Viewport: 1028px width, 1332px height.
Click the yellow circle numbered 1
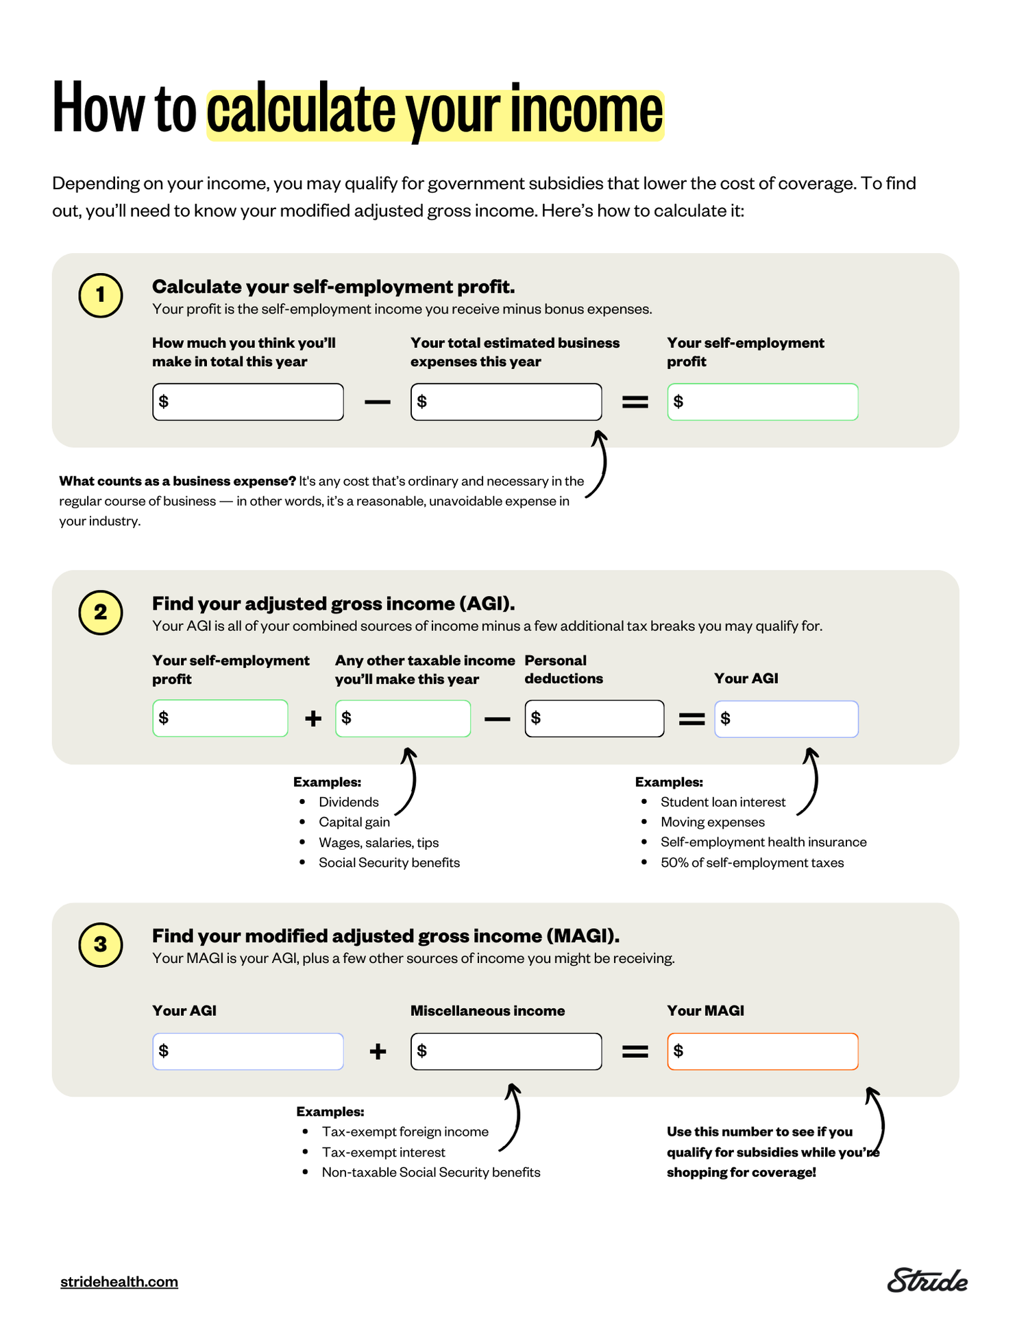click(101, 296)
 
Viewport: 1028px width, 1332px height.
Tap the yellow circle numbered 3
click(101, 944)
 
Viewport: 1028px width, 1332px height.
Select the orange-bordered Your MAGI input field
click(762, 1051)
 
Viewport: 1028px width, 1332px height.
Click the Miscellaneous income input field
click(506, 1051)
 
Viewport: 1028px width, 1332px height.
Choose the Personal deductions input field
click(594, 719)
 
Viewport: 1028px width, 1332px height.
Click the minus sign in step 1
click(377, 402)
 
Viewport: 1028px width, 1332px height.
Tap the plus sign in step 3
click(378, 1051)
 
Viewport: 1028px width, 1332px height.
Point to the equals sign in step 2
click(692, 719)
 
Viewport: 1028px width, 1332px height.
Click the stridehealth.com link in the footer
click(119, 1281)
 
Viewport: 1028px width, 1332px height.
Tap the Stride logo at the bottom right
click(927, 1281)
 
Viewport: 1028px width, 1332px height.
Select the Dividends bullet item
click(348, 802)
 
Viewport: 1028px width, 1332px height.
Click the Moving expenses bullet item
click(712, 822)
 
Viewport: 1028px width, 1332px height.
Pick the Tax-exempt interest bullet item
click(383, 1152)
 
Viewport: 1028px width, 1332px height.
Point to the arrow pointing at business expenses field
click(600, 463)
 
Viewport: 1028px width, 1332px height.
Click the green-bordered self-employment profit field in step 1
click(762, 402)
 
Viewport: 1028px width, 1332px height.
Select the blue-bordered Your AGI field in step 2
click(786, 719)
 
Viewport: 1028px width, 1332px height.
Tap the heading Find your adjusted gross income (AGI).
click(333, 604)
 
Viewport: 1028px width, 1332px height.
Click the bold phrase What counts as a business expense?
click(178, 481)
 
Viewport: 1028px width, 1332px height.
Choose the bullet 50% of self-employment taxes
click(752, 862)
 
